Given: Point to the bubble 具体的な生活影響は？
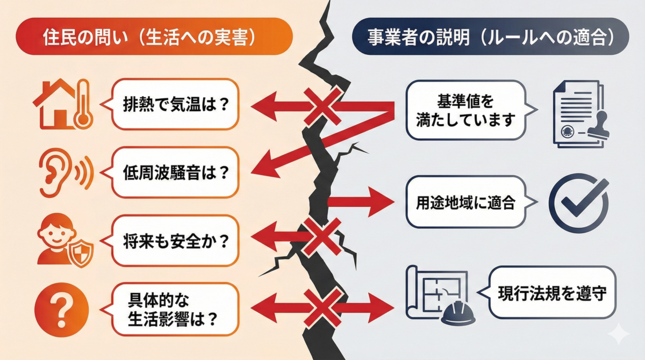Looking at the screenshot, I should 175,310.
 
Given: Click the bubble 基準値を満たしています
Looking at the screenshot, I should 465,111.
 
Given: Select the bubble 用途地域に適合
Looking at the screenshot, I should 465,203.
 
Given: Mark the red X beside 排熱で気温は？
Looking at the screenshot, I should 322,105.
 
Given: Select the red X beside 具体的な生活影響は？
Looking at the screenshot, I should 322,307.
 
